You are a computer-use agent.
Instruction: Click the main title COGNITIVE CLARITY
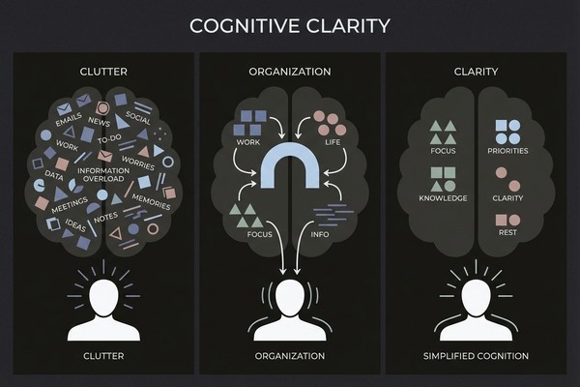tap(289, 24)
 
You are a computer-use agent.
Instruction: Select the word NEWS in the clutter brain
tap(98, 122)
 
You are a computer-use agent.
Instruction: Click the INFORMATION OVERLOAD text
tap(103, 175)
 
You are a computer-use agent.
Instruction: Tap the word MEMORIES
tap(150, 205)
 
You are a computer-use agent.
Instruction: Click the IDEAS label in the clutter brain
tap(76, 224)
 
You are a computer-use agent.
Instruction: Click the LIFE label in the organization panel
tap(332, 142)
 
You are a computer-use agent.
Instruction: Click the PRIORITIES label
tap(507, 150)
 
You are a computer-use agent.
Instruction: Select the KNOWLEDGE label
tap(444, 197)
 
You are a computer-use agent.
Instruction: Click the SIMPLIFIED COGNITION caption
tap(476, 356)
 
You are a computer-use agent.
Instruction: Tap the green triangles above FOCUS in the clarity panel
tap(444, 131)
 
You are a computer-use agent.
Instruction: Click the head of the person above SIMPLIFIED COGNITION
tap(476, 296)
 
